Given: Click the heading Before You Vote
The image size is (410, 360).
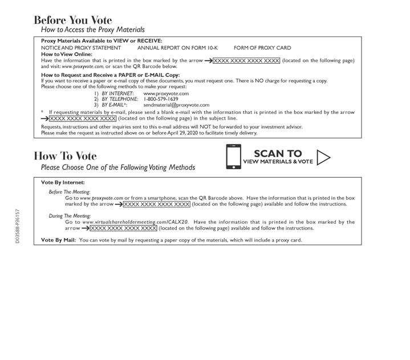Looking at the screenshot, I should [73, 21].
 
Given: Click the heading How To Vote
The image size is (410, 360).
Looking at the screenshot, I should [65, 156].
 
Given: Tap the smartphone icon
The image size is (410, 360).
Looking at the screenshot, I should [233, 157].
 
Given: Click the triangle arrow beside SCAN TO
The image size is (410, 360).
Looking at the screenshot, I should [323, 157].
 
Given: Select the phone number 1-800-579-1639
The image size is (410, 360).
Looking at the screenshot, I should [161, 99].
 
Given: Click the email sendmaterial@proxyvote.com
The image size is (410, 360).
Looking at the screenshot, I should [176, 105].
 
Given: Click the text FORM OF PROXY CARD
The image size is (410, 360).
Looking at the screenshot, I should [262, 48].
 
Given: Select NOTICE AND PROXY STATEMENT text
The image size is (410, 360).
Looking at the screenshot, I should [81, 48].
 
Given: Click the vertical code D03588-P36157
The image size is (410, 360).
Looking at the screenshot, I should [18, 226].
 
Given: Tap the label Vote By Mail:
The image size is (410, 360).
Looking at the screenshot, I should [58, 240].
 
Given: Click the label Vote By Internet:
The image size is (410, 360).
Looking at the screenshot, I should [63, 182].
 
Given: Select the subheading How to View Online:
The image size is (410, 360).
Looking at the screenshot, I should [66, 54].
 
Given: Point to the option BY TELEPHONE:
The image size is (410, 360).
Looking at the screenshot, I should [120, 99].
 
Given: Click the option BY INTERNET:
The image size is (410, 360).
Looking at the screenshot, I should [117, 93].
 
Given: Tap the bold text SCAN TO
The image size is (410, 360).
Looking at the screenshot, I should [278, 153].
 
